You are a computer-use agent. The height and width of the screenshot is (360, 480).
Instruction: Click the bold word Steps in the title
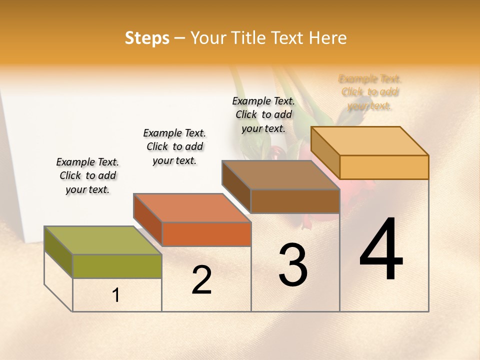tap(147, 37)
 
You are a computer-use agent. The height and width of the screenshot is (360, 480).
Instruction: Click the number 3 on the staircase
tap(293, 264)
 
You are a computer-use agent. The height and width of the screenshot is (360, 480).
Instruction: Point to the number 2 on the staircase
tap(201, 279)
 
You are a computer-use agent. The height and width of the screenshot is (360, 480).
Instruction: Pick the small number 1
tap(116, 295)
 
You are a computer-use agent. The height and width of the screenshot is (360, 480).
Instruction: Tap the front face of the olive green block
tap(117, 266)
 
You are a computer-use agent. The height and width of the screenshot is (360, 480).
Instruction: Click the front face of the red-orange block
tap(206, 234)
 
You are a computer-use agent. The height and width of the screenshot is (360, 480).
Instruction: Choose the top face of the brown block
tap(280, 175)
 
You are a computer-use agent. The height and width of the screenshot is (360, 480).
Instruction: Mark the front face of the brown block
tap(295, 201)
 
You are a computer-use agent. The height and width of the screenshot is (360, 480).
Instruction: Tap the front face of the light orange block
tap(384, 167)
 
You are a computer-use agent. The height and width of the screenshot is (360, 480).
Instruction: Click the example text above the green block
tap(87, 175)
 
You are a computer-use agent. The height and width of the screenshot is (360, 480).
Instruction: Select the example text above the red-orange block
tap(174, 146)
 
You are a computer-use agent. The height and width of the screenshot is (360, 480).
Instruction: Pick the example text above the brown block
tap(263, 114)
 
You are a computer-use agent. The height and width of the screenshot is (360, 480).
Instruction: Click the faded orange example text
tap(370, 92)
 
